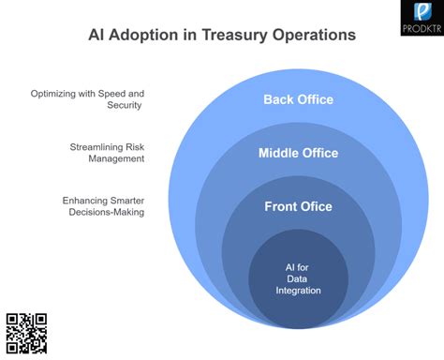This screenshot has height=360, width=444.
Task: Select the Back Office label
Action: (298, 99)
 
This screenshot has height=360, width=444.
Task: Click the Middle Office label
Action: (298, 153)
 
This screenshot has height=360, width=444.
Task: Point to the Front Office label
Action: (298, 206)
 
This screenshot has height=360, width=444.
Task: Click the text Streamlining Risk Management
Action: (107, 153)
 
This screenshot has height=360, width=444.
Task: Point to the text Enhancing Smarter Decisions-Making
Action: (103, 206)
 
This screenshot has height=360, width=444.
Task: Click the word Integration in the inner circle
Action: (298, 291)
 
